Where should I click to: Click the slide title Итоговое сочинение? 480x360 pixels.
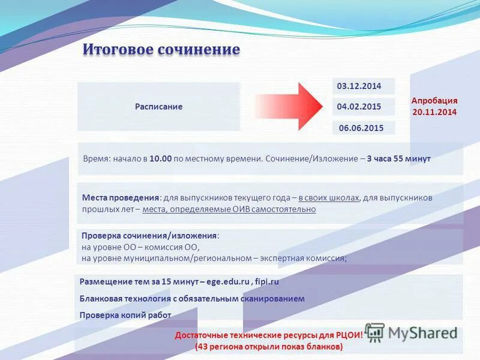point(161,49)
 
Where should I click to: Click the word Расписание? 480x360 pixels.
point(158,107)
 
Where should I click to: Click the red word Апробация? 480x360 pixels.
point(434,101)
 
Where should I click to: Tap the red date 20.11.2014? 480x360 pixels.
point(434,112)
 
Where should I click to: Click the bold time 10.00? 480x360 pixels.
point(161,159)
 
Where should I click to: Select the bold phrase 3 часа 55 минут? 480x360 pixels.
point(398,159)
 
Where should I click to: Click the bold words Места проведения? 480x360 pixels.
point(120,197)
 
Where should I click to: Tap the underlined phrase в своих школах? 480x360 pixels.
point(329,197)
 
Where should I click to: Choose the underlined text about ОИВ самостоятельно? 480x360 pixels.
point(229,209)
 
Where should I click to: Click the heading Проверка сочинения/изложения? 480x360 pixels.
point(149,236)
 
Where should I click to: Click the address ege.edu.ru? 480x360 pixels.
point(228,281)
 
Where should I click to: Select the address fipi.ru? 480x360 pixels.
point(267,281)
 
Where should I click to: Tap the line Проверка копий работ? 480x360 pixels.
point(125,315)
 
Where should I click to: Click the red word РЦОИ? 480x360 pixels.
point(349,335)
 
